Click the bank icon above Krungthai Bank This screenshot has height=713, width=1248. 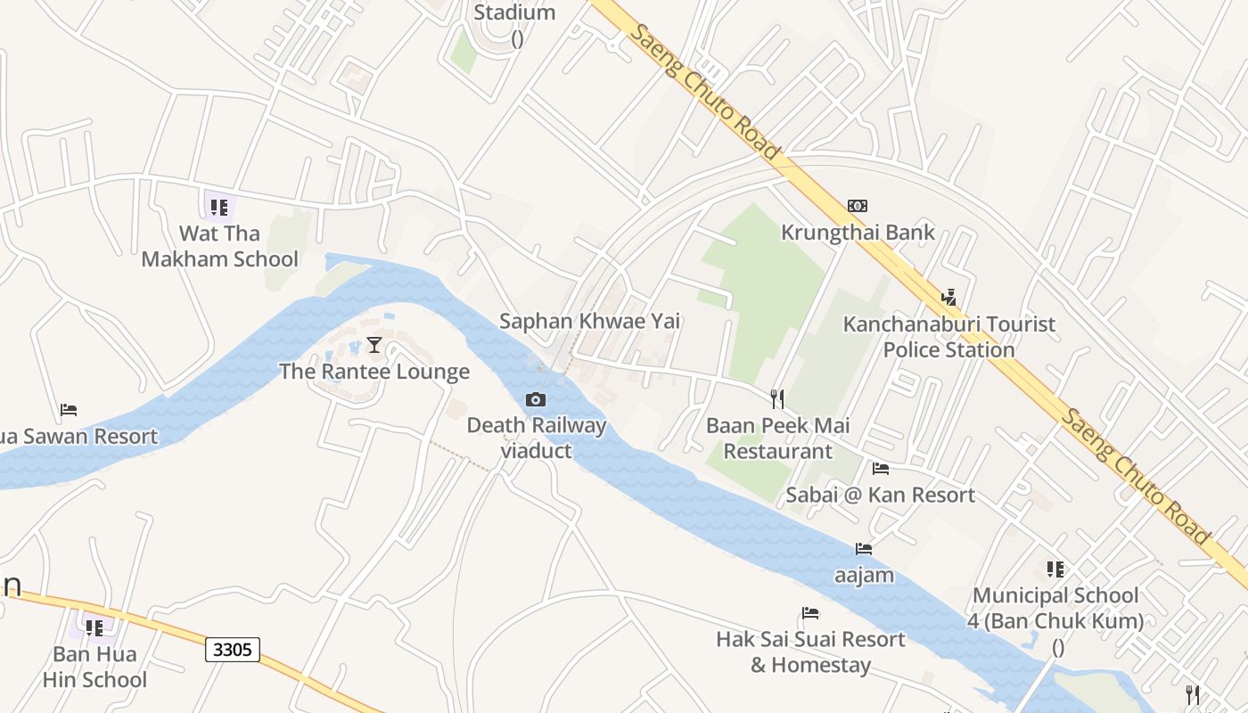tap(857, 206)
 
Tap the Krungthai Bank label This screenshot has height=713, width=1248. tap(858, 233)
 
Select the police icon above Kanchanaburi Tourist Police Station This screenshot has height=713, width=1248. tap(949, 297)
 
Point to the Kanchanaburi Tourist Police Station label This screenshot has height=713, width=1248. tap(949, 337)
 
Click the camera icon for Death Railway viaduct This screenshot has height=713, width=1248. tap(536, 399)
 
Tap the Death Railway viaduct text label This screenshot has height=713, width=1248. tap(536, 438)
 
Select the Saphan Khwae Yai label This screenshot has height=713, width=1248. tap(589, 321)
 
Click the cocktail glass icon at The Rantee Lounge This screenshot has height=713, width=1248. tap(374, 345)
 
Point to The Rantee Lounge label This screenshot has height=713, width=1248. tap(374, 372)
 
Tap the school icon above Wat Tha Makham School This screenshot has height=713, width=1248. tap(219, 208)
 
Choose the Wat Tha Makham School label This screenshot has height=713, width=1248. tap(220, 247)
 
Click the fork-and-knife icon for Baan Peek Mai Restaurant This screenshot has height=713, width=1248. tap(777, 398)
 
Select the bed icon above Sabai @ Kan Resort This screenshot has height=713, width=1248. tap(881, 469)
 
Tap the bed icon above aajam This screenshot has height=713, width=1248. tap(864, 549)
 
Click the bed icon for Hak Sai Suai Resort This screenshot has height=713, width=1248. tap(810, 613)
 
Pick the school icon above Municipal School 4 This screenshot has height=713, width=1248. tap(1055, 569)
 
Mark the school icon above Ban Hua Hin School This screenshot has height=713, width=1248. tap(94, 627)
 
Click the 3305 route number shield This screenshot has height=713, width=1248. tap(233, 650)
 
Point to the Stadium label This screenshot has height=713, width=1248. tap(514, 12)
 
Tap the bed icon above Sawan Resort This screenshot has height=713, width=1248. tap(69, 410)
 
